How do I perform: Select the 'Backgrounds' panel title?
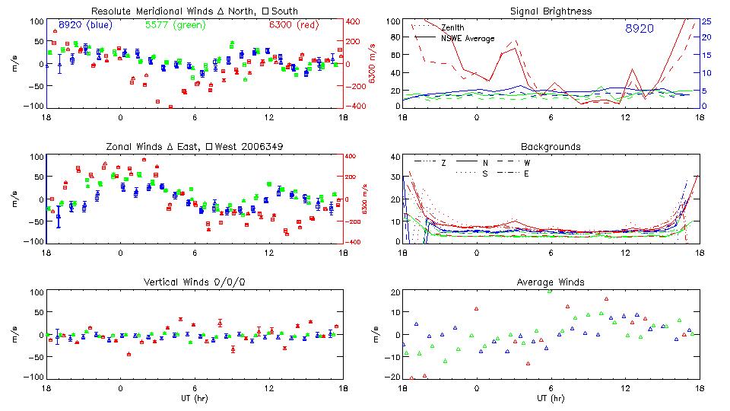click(551, 146)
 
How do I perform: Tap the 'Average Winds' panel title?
click(552, 282)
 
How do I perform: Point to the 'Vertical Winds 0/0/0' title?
click(194, 282)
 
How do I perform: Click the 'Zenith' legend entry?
click(453, 28)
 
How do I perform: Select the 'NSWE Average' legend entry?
click(468, 38)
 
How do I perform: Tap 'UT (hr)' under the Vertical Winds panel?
click(194, 398)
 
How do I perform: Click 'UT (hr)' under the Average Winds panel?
click(552, 398)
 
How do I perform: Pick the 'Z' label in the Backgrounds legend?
click(444, 163)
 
